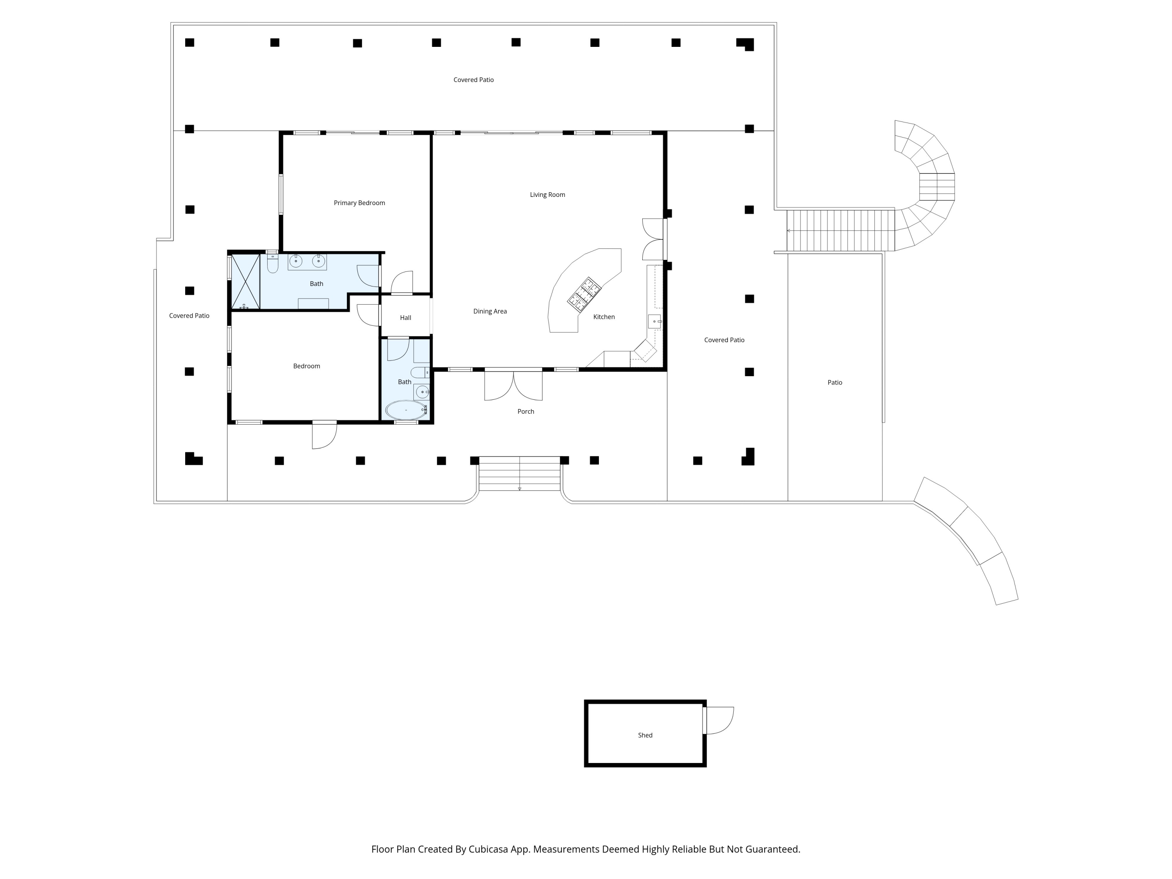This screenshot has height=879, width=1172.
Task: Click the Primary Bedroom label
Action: pos(359,203)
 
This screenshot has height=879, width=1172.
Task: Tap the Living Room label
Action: pos(547,195)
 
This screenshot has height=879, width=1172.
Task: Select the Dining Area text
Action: pos(490,311)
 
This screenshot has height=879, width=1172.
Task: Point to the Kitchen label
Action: pos(604,317)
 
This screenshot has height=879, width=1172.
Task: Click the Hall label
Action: pos(406,318)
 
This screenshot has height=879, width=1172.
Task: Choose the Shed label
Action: pos(645,735)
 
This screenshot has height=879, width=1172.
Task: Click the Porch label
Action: pos(525,412)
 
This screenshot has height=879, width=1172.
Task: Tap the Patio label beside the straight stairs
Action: pos(834,382)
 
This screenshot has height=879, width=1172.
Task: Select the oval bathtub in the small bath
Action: pos(406,410)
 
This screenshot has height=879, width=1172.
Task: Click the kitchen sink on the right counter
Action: pos(654,322)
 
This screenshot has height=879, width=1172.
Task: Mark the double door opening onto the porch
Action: pos(513,385)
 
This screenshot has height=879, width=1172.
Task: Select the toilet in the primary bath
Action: pos(272,263)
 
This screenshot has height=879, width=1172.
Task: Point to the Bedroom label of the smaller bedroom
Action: pos(306,366)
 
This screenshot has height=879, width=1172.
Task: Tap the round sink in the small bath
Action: pos(422,392)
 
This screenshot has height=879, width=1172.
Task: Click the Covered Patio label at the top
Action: pos(473,80)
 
